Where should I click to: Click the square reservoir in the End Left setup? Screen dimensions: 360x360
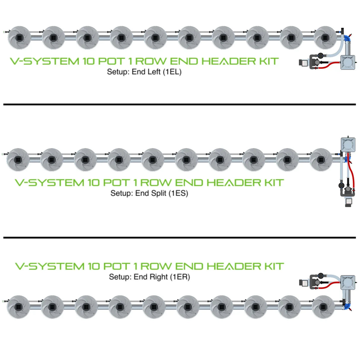pos(348,62)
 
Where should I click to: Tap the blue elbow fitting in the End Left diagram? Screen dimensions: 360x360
pos(347,38)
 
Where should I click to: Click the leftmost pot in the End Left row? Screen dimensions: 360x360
pos(19,38)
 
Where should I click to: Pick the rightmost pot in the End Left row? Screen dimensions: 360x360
pos(325,38)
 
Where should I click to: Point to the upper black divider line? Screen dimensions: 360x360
pos(179,104)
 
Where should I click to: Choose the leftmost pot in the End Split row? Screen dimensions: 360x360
pos(18,160)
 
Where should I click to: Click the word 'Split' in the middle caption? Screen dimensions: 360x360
pos(159,193)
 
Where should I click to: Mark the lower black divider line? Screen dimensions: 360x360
pos(179,238)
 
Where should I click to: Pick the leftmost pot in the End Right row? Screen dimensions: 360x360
pos(18,307)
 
